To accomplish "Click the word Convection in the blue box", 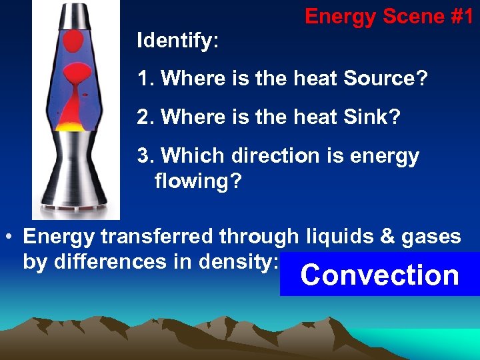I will point(380,275).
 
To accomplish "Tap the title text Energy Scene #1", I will point(389,16).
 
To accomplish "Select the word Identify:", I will point(177,41).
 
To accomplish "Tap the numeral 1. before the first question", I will point(145,79).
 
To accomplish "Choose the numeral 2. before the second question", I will point(145,117).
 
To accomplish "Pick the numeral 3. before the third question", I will point(145,156).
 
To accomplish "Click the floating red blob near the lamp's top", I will point(75,42).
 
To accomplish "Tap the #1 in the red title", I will point(460,16).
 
